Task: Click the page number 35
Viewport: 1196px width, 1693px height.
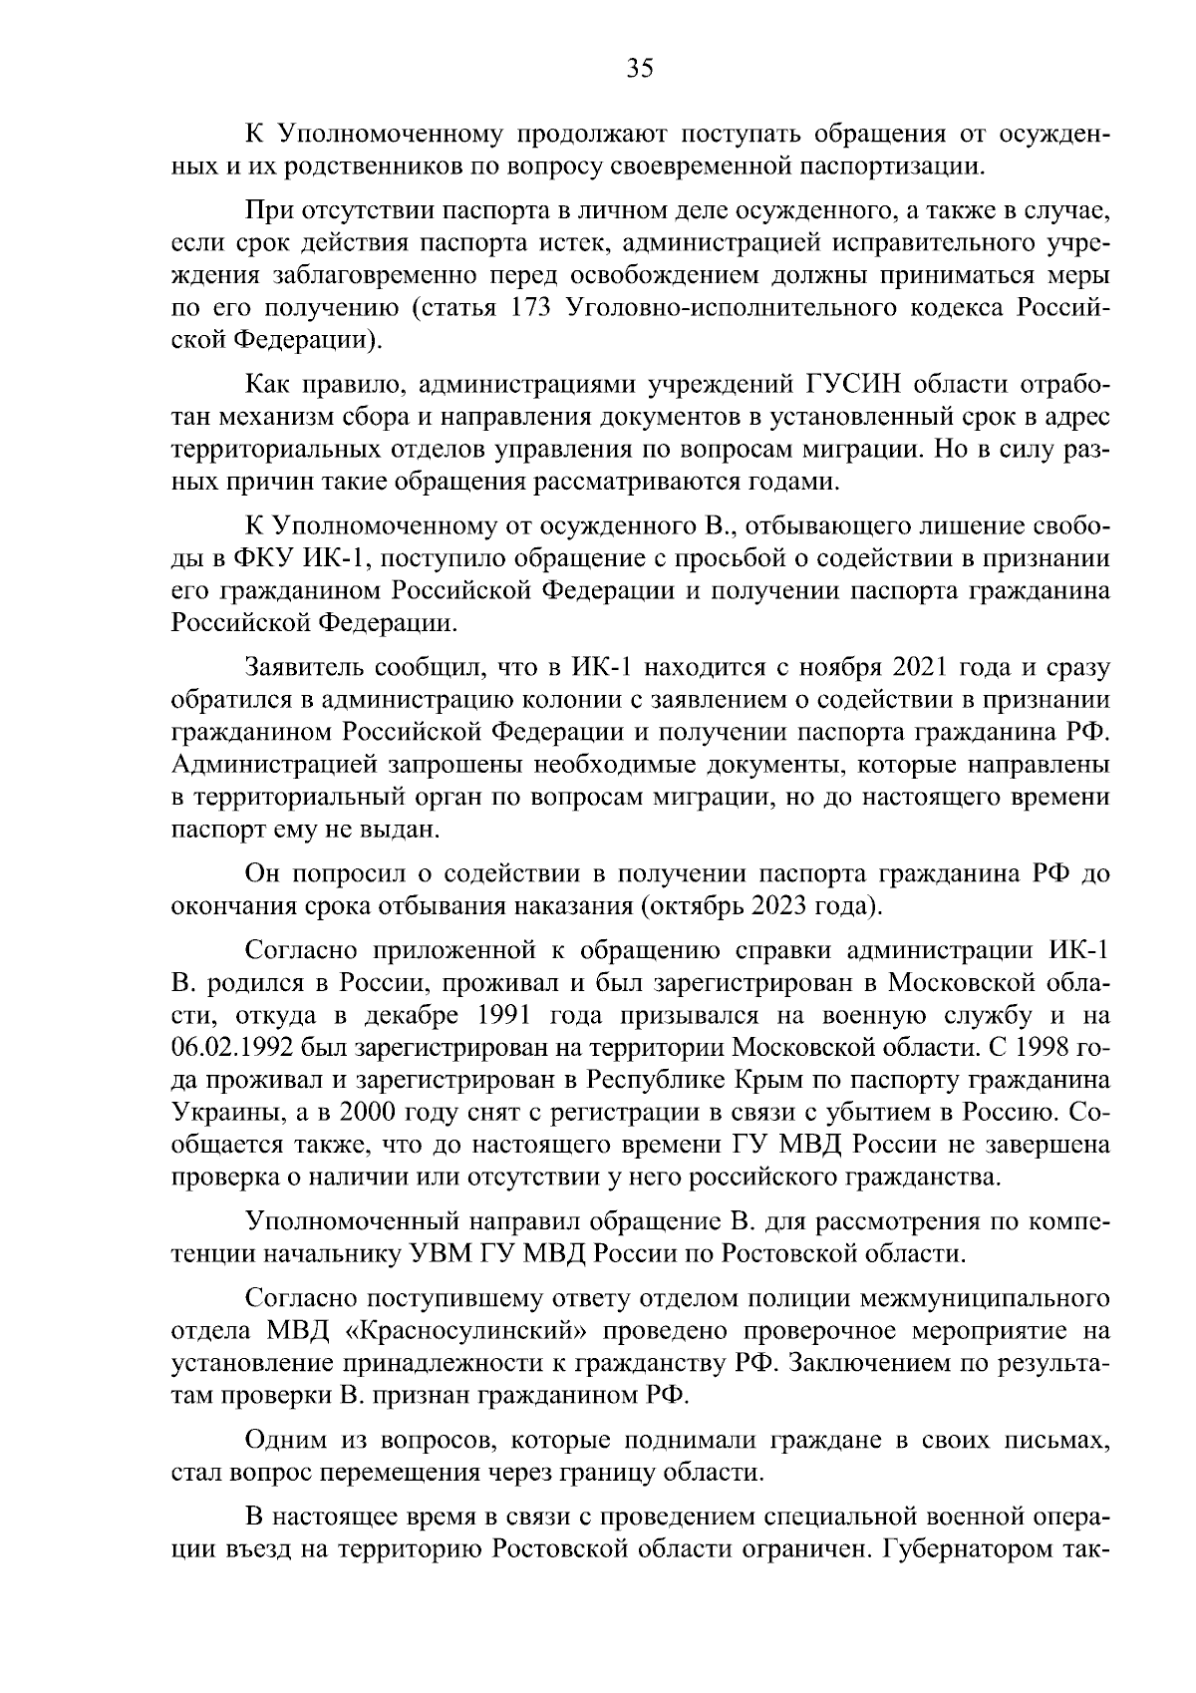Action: (x=639, y=68)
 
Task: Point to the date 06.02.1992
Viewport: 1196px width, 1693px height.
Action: (x=232, y=1048)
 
